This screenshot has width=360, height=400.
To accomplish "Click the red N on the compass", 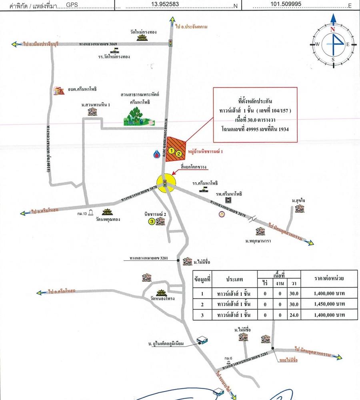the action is click(332, 29).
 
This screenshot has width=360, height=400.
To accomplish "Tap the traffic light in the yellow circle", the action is click(165, 183).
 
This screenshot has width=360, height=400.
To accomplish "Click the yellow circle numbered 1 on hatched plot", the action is click(171, 151).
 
